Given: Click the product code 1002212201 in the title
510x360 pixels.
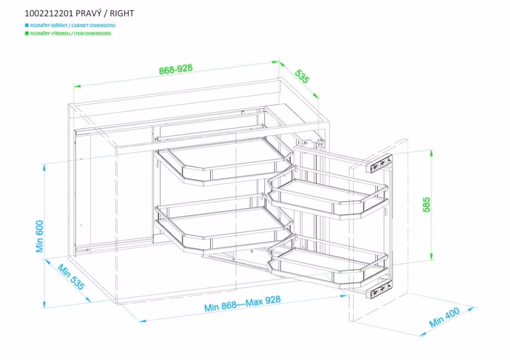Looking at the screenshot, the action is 49,14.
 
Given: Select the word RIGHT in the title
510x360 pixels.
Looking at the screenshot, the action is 122,14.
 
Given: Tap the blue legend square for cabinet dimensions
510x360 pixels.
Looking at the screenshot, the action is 27,25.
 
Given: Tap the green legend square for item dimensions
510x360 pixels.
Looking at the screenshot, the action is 27,33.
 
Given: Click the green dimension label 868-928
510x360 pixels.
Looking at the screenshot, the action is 176,69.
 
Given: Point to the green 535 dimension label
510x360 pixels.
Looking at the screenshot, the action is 302,76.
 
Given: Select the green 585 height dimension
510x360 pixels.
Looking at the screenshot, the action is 426,204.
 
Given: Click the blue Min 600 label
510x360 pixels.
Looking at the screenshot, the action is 40,236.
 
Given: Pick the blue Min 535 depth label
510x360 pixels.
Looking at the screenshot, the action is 71,277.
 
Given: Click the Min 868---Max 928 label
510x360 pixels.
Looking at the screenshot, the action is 243,303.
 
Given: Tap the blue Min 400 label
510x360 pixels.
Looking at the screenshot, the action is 444,317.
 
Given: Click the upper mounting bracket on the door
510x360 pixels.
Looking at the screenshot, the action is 381,163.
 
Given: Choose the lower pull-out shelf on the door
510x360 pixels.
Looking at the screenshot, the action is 328,263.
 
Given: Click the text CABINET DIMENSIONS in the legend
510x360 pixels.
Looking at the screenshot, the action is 93,25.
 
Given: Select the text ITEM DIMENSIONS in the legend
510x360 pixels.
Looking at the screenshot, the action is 93,33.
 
